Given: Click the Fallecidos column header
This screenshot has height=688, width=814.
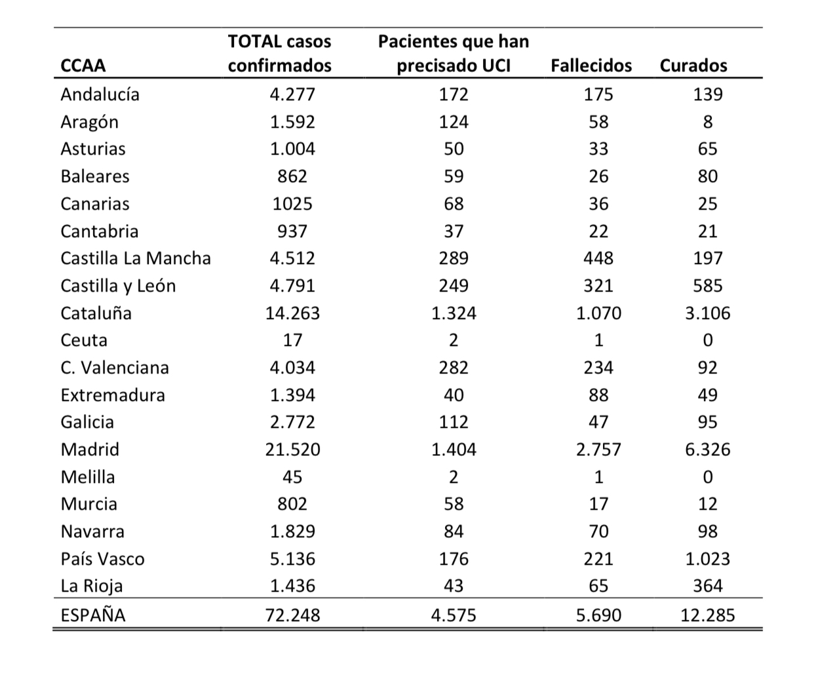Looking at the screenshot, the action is [x=591, y=66].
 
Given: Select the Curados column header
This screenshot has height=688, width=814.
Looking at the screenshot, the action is [x=693, y=66].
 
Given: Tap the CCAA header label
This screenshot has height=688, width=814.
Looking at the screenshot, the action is [x=83, y=66].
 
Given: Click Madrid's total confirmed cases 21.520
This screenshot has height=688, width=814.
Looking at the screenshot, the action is [x=292, y=449].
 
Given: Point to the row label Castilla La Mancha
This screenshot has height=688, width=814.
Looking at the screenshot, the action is [x=136, y=258].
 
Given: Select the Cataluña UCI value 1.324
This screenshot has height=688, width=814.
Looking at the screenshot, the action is [x=454, y=313].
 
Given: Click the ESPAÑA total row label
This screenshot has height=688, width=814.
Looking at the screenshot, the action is [x=93, y=615].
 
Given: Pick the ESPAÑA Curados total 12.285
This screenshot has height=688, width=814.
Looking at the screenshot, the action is [x=708, y=615].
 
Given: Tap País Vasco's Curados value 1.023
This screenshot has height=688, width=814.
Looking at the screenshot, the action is [x=708, y=559].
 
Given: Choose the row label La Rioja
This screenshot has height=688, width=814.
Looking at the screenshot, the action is [x=92, y=586].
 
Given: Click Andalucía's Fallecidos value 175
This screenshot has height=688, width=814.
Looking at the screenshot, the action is [x=598, y=94].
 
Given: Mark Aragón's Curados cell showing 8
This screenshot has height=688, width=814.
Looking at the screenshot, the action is [x=708, y=122].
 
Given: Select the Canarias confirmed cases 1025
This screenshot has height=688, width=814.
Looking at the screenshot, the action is [x=292, y=204].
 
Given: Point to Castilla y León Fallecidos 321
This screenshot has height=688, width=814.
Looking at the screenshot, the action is [x=598, y=286].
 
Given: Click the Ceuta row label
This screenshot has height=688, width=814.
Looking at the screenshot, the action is [x=84, y=340].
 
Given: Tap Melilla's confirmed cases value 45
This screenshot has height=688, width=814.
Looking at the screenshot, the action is [x=292, y=477].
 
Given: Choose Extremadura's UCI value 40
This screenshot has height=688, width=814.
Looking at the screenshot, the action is [x=454, y=395].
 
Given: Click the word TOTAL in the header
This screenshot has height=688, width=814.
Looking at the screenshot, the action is [x=254, y=41].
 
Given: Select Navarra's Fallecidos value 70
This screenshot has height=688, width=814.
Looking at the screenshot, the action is [x=598, y=531].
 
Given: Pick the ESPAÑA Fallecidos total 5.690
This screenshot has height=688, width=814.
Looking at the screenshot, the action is [x=598, y=615].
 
